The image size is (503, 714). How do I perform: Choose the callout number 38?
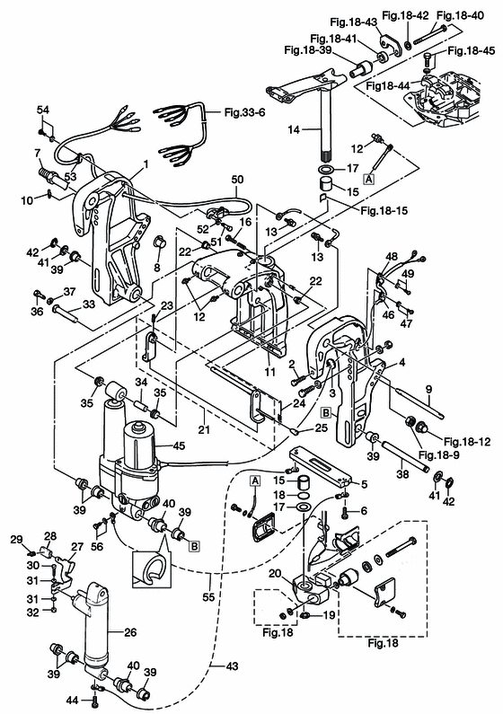coord(401,467)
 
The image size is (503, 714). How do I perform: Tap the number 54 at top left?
coord(41,109)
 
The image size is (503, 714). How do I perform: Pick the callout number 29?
coord(15,539)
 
